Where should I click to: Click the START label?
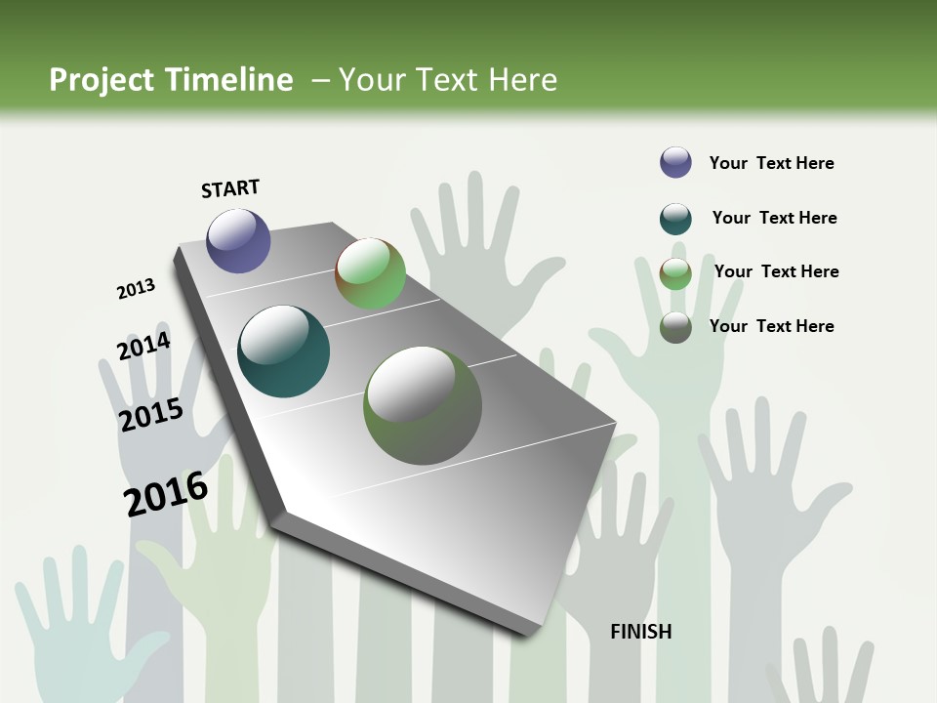point(230,188)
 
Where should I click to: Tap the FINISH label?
point(641,632)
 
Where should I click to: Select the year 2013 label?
point(137,289)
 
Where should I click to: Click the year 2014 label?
point(143,347)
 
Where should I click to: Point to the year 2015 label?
point(151,415)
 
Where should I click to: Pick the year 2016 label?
point(166,494)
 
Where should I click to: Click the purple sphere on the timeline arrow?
point(238,240)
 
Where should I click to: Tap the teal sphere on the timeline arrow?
point(283,351)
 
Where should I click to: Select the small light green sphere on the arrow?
point(370,273)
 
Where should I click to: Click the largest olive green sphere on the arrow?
point(423,405)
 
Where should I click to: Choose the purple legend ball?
point(675,163)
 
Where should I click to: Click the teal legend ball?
point(675,219)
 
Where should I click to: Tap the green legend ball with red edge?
point(675,273)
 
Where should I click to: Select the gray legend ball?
point(675,327)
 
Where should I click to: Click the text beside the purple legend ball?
point(771,163)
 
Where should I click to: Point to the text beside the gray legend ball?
point(771,326)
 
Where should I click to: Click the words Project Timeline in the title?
point(171,80)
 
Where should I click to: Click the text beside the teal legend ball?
point(774,218)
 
